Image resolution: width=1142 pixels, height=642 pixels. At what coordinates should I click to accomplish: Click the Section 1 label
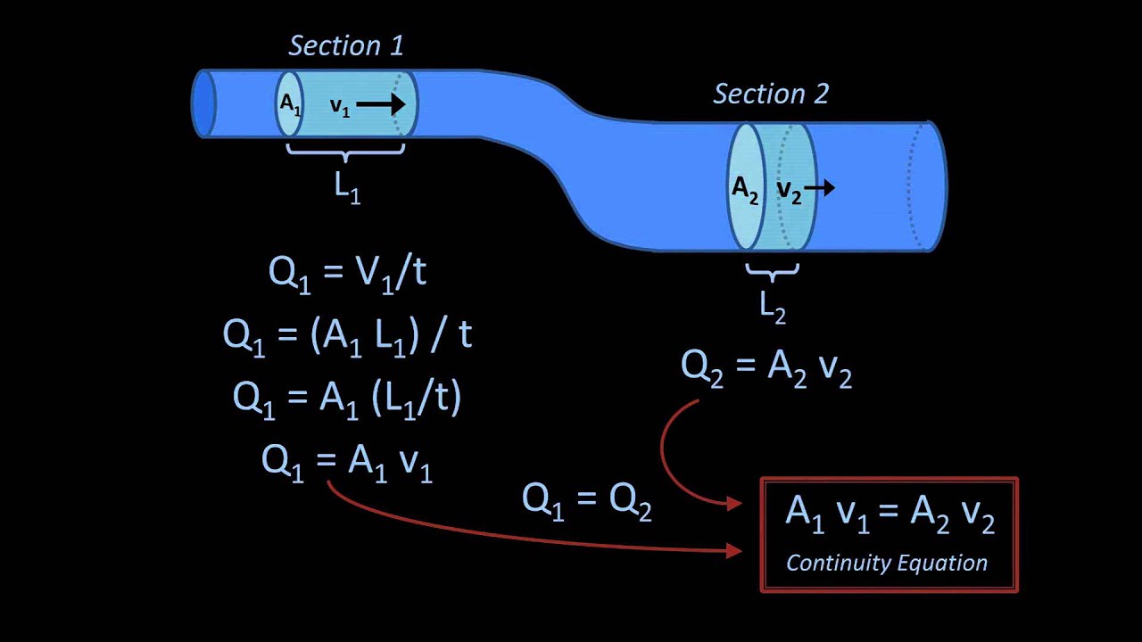click(x=346, y=46)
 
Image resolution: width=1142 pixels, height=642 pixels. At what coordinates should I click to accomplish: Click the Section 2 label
click(x=771, y=94)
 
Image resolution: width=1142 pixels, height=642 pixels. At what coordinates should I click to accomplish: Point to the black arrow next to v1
click(x=381, y=104)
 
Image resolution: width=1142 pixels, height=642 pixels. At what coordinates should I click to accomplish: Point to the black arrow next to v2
click(x=819, y=187)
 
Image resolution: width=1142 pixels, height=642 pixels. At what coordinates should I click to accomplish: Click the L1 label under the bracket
click(x=347, y=187)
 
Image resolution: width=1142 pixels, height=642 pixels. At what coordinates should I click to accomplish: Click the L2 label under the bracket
click(x=772, y=306)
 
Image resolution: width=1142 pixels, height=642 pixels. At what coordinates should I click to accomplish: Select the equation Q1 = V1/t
click(x=347, y=272)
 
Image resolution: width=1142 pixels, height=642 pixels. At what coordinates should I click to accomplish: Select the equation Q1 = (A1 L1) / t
click(x=347, y=333)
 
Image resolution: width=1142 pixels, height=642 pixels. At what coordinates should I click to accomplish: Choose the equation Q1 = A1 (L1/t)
click(x=347, y=396)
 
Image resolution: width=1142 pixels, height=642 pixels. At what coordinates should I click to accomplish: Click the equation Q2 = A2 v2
click(x=766, y=366)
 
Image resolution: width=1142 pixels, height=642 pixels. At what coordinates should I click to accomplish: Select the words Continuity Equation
click(x=887, y=564)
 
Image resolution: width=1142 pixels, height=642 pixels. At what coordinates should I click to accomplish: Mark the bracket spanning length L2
click(x=772, y=268)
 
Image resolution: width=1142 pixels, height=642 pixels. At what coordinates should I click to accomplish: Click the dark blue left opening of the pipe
click(x=204, y=103)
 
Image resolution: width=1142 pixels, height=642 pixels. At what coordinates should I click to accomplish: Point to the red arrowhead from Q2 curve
click(x=734, y=505)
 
